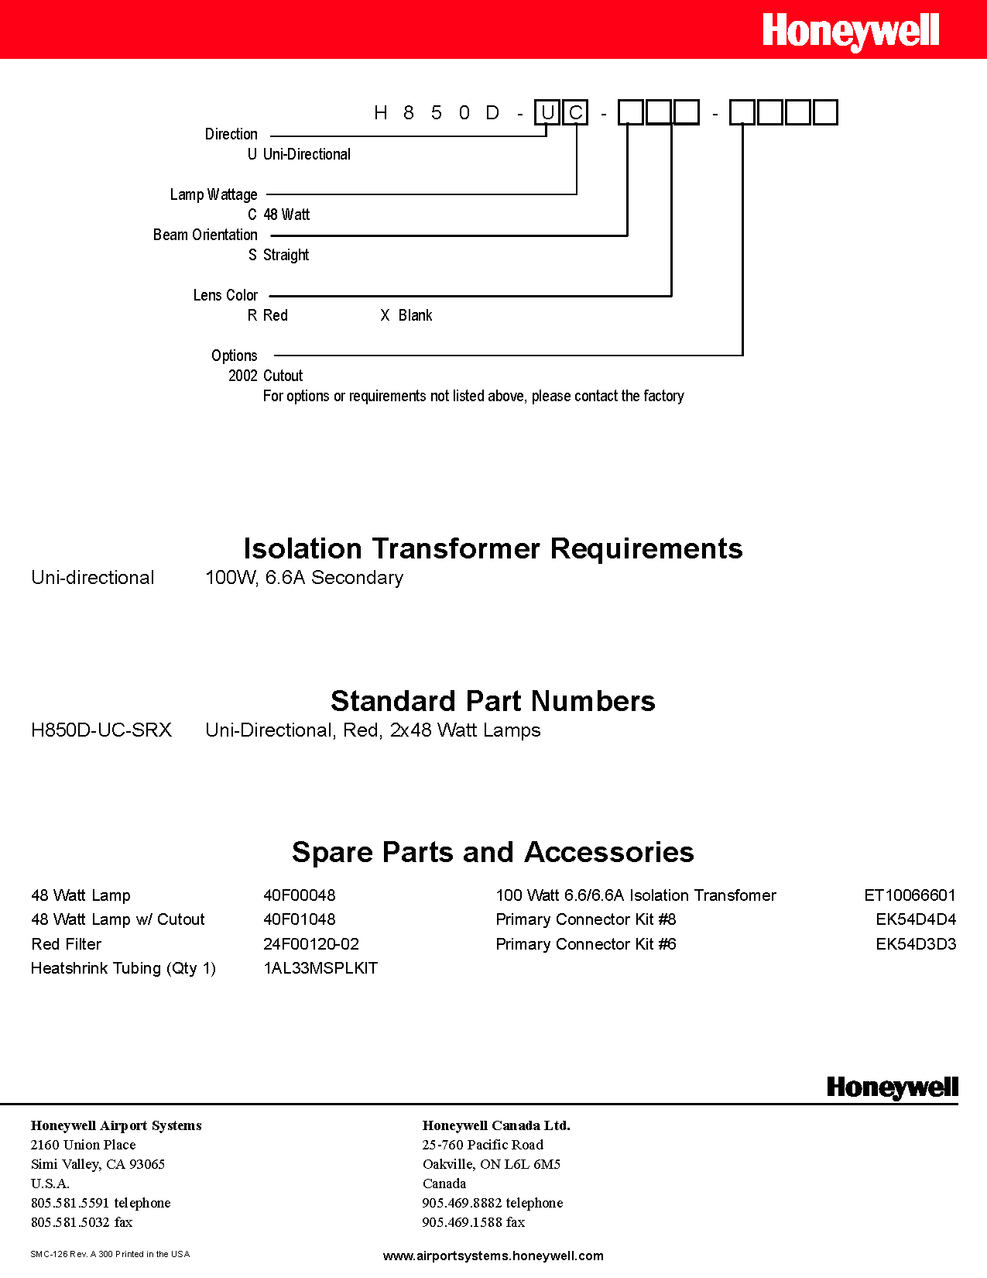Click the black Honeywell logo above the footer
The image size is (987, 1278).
click(x=892, y=1087)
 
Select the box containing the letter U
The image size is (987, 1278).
click(x=547, y=113)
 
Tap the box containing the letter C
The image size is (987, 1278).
click(x=575, y=113)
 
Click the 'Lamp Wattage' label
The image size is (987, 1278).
click(x=214, y=194)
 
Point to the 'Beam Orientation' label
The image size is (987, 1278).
click(x=205, y=235)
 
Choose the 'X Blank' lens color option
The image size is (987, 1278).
click(x=406, y=315)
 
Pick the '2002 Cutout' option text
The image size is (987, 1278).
click(x=266, y=376)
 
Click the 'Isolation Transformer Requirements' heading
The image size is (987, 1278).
click(x=493, y=548)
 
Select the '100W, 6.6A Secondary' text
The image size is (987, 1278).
click(x=304, y=578)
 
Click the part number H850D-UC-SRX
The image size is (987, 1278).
click(x=101, y=730)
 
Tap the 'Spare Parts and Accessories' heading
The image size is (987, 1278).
click(x=493, y=852)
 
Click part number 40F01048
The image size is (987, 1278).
click(x=300, y=919)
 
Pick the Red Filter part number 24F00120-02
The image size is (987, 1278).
click(x=311, y=944)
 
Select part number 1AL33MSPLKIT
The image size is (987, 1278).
click(x=320, y=968)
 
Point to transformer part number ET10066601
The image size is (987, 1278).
click(x=910, y=895)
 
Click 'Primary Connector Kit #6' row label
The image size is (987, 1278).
click(x=586, y=944)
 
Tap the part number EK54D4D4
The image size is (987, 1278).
click(x=916, y=919)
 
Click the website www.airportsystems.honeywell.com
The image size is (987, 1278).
click(x=493, y=1256)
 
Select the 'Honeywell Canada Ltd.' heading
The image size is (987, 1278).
click(x=496, y=1125)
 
